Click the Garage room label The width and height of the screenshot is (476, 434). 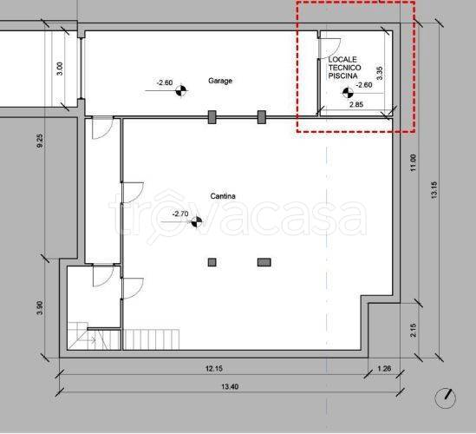(x=220, y=81)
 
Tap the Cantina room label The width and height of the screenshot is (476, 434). (x=223, y=196)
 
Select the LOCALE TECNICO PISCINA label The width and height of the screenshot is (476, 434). (x=344, y=68)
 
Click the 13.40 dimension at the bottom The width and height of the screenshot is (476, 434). (x=230, y=386)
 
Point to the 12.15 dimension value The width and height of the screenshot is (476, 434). (x=214, y=369)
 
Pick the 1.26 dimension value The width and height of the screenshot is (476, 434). (x=384, y=369)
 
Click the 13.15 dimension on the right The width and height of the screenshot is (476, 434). (x=434, y=190)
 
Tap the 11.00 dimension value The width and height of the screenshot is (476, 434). (x=414, y=163)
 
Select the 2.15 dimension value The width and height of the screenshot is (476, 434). (x=414, y=331)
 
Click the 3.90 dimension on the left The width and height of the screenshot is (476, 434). (x=40, y=307)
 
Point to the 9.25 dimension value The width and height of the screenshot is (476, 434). (x=40, y=141)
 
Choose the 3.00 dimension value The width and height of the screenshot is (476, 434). (x=60, y=69)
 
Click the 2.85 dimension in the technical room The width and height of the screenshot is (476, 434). (x=356, y=104)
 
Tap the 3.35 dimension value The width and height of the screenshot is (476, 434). (x=380, y=73)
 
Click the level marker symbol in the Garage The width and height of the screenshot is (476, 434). (x=181, y=90)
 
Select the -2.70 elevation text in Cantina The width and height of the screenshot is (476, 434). (x=180, y=214)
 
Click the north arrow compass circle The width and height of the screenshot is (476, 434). (x=446, y=398)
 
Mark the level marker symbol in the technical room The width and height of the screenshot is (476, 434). (x=348, y=93)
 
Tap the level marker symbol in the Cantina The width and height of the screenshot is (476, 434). (x=197, y=222)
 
